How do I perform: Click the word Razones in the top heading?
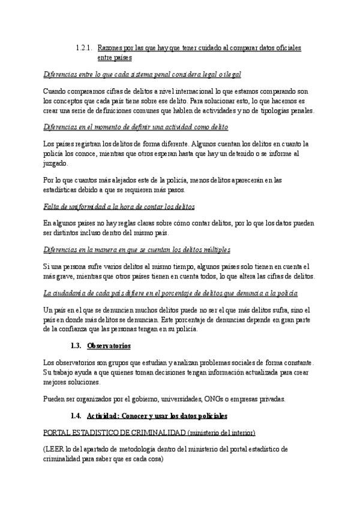coord(110,47)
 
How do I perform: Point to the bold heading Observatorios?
coord(109,346)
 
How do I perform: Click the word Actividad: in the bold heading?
coord(104,415)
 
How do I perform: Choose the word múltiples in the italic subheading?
coord(212,250)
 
